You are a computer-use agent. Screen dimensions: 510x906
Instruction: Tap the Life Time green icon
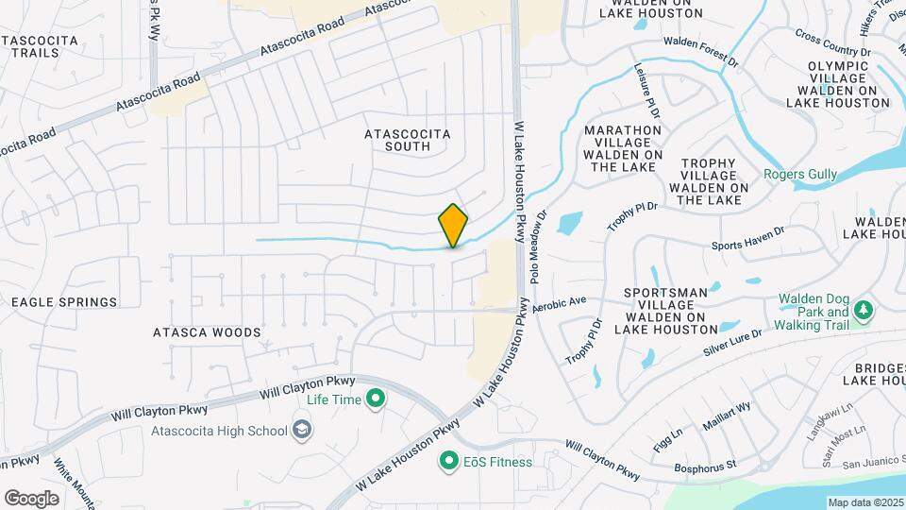click(376, 399)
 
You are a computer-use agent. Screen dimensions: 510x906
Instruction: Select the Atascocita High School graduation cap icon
click(302, 431)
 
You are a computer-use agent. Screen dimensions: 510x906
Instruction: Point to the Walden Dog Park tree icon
click(863, 310)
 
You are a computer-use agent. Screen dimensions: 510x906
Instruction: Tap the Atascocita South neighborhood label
click(408, 140)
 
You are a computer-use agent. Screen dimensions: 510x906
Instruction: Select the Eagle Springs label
click(64, 302)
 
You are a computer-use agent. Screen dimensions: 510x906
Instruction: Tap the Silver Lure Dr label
click(731, 342)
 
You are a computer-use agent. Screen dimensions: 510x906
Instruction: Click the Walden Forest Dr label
click(700, 50)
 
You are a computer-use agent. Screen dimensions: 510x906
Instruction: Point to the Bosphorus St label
click(705, 467)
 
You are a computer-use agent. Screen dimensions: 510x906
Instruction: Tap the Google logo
click(31, 498)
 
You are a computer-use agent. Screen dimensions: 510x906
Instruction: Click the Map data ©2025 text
click(865, 502)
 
